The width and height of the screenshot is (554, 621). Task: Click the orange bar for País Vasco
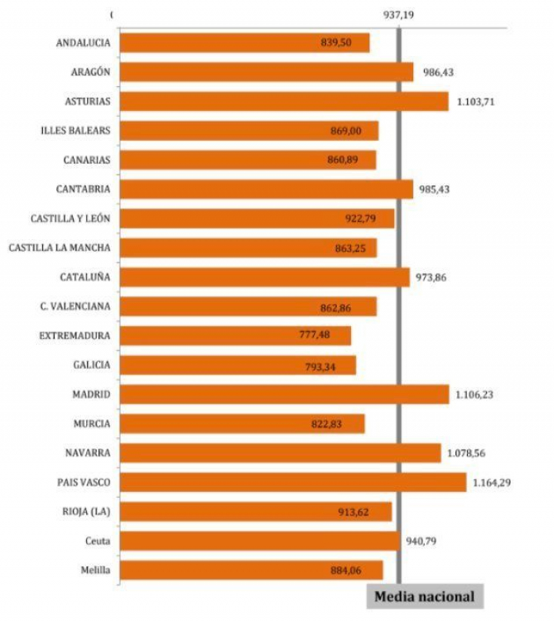tap(292, 482)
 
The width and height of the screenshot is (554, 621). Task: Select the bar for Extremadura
tap(235, 336)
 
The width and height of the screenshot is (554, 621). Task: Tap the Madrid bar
tap(284, 394)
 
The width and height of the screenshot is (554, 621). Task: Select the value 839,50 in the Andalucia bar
tap(336, 43)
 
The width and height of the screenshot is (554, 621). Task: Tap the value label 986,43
tap(438, 73)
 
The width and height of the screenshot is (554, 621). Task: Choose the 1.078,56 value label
tap(467, 453)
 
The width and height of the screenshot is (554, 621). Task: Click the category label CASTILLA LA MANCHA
tap(59, 248)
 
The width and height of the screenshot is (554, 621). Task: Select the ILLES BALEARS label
tap(75, 130)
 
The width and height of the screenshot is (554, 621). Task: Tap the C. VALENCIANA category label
tap(75, 306)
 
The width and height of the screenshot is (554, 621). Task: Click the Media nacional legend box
tap(425, 596)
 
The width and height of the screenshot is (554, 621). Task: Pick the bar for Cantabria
tap(266, 189)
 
